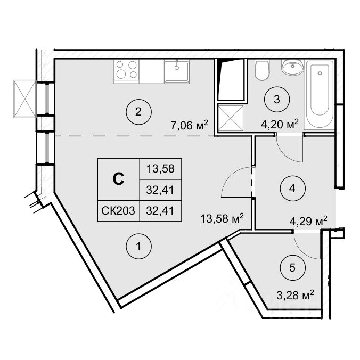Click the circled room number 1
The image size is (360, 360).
point(138,247)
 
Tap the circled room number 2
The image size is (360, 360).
point(138,112)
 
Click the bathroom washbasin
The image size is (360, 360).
point(292,68)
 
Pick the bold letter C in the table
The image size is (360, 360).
point(119,179)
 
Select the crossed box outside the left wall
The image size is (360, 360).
point(23,98)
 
